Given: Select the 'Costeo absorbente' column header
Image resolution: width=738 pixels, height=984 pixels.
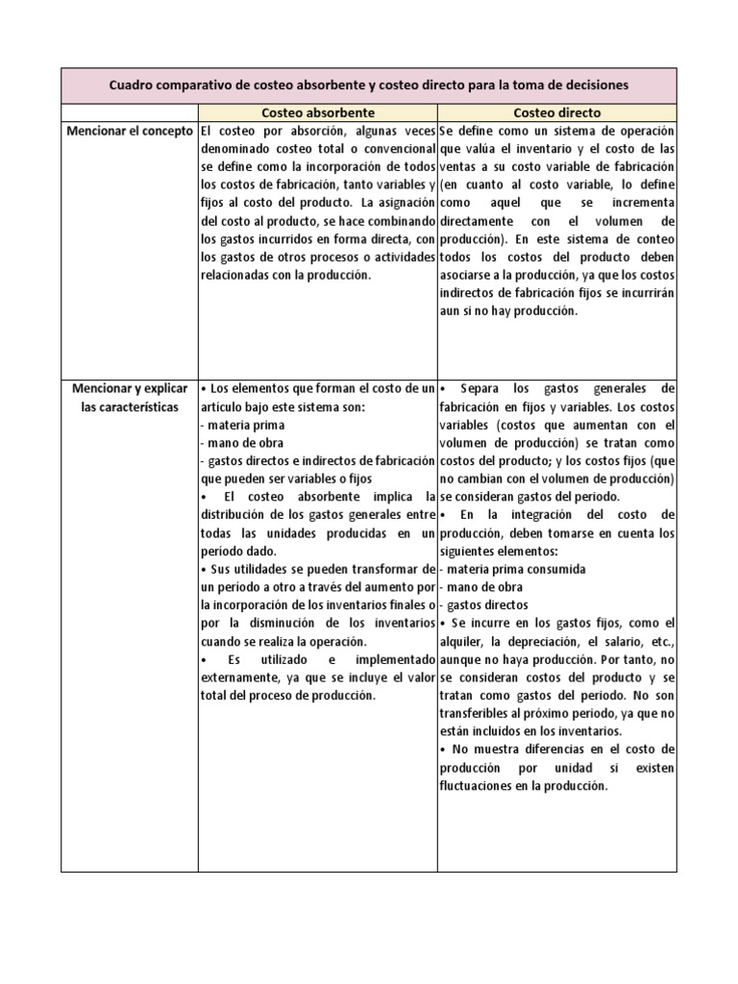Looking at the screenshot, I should click(317, 112).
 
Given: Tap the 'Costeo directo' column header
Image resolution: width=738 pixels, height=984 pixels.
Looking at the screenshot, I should click(556, 112).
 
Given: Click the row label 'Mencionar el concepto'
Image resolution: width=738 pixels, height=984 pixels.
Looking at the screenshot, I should click(130, 130).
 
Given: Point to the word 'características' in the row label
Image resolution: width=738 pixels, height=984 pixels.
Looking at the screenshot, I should click(130, 406).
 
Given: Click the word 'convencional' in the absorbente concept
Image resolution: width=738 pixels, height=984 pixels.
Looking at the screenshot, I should click(396, 149).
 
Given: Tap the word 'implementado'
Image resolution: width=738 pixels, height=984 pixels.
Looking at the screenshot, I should click(394, 660).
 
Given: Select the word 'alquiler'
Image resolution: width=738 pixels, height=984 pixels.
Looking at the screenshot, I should click(465, 641).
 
